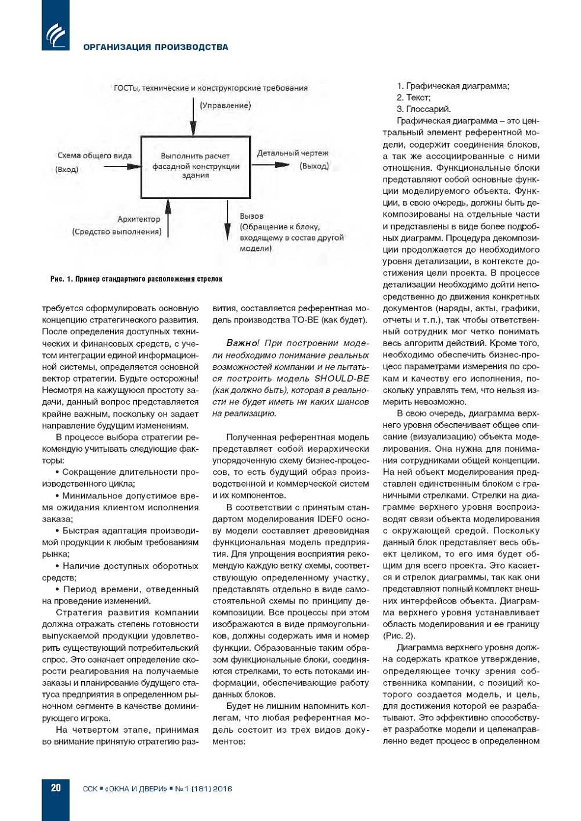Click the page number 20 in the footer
[x=56, y=788]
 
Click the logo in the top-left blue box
[x=56, y=34]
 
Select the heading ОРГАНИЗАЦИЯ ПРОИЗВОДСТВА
[x=155, y=47]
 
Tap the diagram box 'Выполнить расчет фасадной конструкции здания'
[x=196, y=166]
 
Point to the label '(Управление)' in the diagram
[x=225, y=106]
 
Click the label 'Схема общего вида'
[x=94, y=155]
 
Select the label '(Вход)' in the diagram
[x=66, y=170]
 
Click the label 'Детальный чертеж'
[x=292, y=153]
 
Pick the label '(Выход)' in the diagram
[x=314, y=166]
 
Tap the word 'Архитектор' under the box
[x=139, y=219]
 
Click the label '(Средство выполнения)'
[x=117, y=231]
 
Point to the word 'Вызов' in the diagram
[x=251, y=216]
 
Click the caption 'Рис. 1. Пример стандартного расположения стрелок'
[x=136, y=279]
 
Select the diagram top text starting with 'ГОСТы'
[x=210, y=88]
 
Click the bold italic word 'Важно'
[x=242, y=343]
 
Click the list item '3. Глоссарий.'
[x=424, y=109]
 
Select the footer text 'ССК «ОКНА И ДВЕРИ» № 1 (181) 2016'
[x=157, y=789]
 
